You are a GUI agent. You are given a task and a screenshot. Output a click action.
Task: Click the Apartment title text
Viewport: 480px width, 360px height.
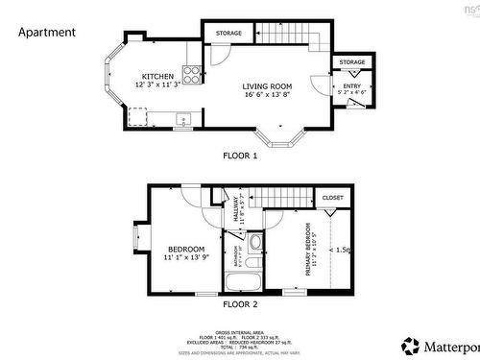pos(47,32)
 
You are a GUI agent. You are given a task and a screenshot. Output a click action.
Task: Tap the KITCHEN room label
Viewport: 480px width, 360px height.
pos(158,76)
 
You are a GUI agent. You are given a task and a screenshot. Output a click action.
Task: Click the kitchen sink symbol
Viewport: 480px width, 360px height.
pos(183,120)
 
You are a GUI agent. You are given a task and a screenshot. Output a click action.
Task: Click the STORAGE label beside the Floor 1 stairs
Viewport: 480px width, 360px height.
pos(228,34)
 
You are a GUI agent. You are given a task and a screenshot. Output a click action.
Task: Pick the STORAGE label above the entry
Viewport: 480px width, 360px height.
pos(351,62)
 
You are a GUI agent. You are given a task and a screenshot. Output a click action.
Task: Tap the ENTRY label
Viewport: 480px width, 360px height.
pos(351,86)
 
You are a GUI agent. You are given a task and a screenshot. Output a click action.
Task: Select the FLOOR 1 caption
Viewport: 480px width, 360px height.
pos(240,155)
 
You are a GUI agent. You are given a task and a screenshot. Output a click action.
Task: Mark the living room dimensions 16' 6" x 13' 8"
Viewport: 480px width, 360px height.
pos(267,95)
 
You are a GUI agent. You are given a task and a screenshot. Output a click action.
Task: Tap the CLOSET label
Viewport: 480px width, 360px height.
pos(333,198)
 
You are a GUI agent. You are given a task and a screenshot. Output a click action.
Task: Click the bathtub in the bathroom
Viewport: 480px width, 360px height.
pos(244,282)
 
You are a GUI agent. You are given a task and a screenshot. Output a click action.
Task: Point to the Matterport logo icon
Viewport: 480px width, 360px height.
pos(410,344)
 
